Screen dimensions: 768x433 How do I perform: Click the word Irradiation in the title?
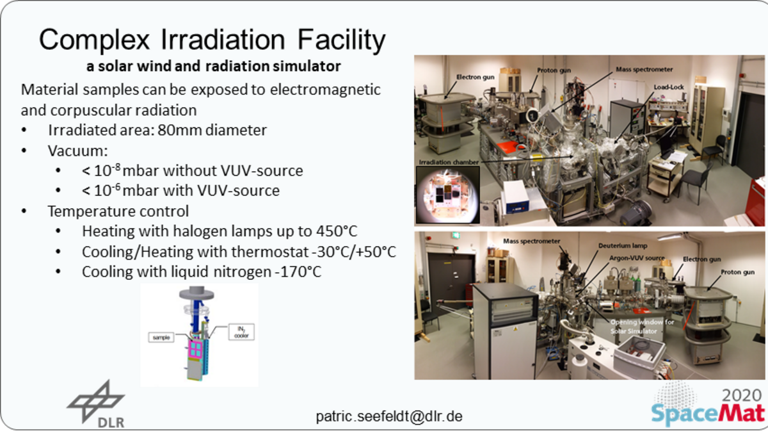(223, 40)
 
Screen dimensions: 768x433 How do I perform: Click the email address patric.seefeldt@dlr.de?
(389, 416)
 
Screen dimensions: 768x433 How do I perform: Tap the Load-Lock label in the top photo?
(669, 87)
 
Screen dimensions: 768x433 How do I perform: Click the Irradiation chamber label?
(449, 162)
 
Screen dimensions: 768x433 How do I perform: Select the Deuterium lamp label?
(623, 246)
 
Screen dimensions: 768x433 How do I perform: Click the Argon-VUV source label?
(637, 257)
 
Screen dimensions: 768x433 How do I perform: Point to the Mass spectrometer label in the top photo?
(644, 69)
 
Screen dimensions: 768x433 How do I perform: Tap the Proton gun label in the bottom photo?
(737, 272)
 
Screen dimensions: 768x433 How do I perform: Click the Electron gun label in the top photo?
(475, 78)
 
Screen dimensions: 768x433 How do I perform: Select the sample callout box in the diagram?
(161, 338)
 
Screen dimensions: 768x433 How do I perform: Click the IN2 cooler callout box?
(241, 332)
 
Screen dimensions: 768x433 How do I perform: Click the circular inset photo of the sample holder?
(447, 194)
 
